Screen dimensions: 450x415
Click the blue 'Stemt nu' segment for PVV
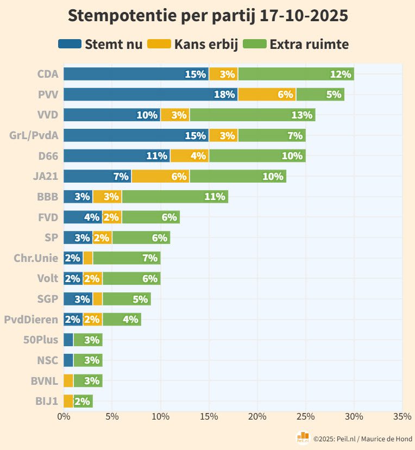[150, 95]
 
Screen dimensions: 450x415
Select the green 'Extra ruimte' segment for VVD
[253, 115]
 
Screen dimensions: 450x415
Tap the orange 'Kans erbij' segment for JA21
[161, 177]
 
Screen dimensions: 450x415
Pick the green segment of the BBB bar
[175, 197]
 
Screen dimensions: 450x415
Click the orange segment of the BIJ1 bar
[68, 402]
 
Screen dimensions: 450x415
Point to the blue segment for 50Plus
[68, 340]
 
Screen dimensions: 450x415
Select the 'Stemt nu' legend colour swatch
[70, 44]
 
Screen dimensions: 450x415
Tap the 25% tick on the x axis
[305, 417]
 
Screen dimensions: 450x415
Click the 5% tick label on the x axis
[112, 417]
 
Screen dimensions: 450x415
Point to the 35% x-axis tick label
[402, 417]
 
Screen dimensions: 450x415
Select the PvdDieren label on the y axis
[31, 320]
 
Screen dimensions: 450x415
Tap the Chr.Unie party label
[36, 258]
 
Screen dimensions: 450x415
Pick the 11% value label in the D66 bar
[156, 156]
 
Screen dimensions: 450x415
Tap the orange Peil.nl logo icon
[303, 437]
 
